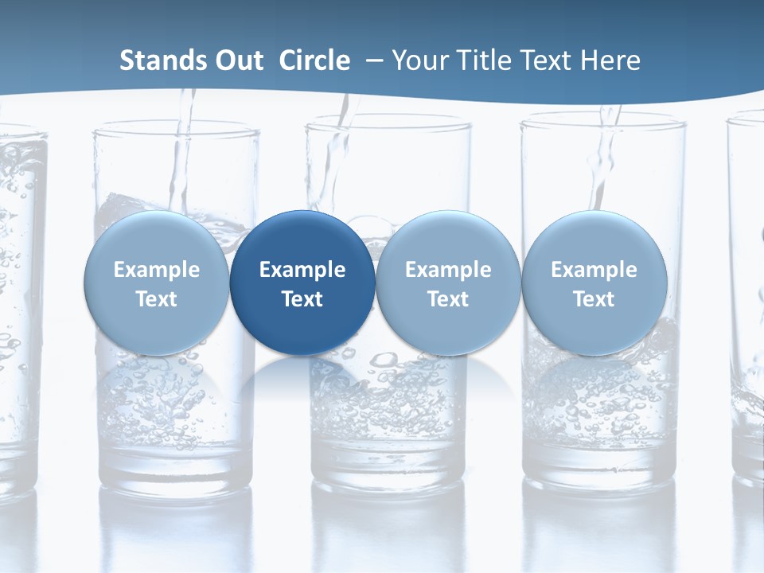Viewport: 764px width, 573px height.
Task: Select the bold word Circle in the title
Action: tap(314, 60)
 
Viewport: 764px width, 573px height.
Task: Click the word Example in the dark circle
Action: tap(302, 270)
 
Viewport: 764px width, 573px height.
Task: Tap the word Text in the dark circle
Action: tap(302, 299)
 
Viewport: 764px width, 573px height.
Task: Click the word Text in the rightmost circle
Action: tap(594, 299)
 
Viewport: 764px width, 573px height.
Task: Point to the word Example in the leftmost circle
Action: tap(156, 270)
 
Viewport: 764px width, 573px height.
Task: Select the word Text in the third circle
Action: tap(448, 299)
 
